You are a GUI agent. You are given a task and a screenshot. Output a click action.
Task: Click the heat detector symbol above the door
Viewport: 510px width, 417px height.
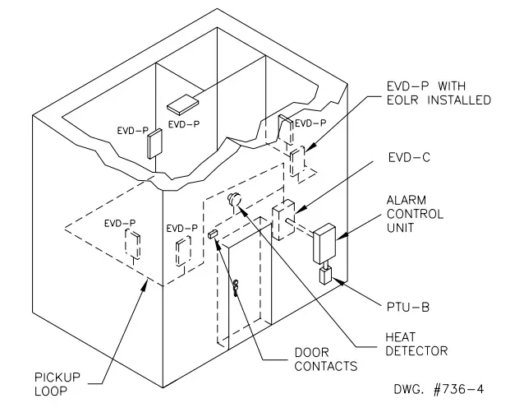point(233,197)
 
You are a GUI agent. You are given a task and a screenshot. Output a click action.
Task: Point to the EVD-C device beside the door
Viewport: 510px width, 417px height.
point(284,220)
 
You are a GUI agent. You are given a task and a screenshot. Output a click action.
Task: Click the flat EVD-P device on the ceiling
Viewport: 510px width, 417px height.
point(181,104)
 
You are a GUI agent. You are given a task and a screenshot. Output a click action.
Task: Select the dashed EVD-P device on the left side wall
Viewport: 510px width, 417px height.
point(131,243)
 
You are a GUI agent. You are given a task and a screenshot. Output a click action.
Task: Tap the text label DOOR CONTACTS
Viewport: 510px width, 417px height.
point(327,359)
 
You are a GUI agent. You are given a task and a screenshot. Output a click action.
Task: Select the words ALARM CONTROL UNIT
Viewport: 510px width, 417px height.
point(415,214)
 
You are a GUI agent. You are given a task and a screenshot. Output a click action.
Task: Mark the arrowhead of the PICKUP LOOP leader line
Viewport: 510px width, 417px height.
point(147,281)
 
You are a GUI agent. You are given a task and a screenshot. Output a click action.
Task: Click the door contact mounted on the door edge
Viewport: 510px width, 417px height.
point(236,286)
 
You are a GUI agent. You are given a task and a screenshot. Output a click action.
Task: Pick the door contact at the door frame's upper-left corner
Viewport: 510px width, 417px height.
point(214,234)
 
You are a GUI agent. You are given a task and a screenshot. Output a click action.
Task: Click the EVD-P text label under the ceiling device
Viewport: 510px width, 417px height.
point(184,123)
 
